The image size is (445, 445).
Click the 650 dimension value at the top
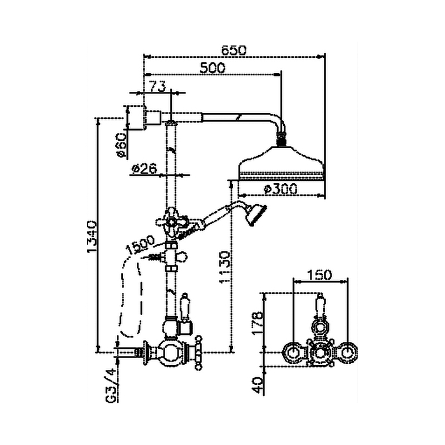pos(234,49)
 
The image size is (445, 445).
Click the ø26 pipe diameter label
pos(145,168)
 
